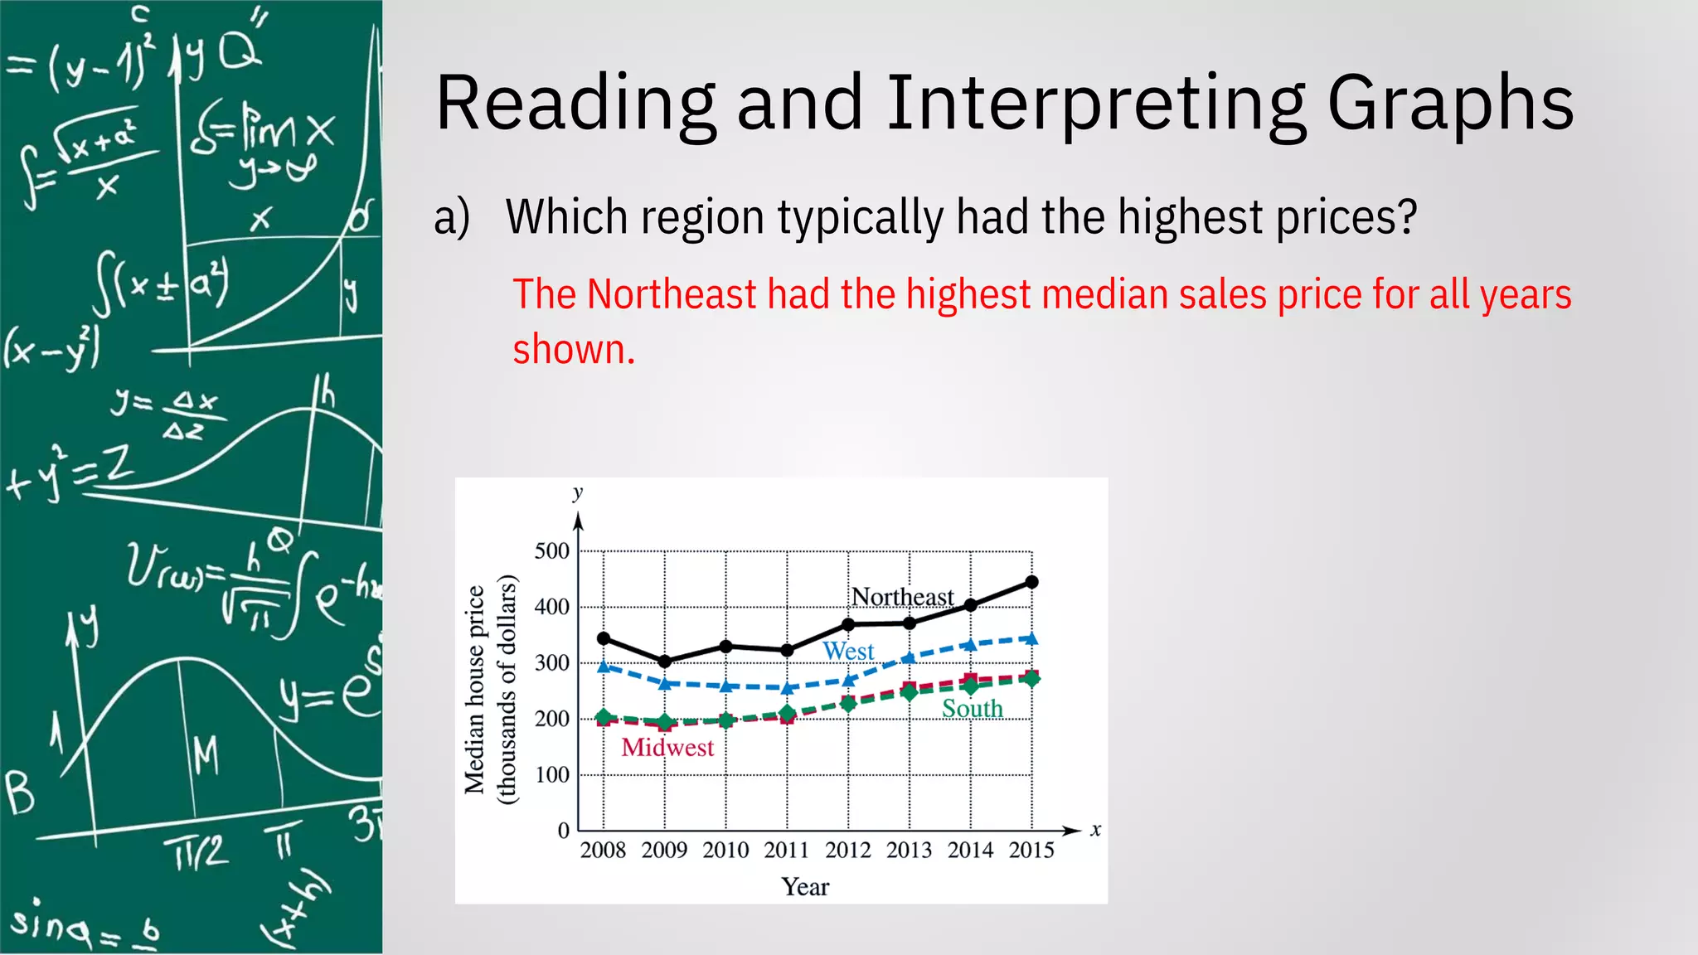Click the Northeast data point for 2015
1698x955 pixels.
(x=1032, y=582)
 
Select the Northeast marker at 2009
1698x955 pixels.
(x=665, y=661)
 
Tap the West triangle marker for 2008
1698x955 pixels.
(x=604, y=666)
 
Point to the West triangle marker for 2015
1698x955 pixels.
(x=1032, y=638)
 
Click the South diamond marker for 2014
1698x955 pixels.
(x=971, y=686)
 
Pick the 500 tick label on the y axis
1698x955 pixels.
(x=552, y=551)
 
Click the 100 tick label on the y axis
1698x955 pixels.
(x=552, y=775)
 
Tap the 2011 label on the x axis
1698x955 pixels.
(x=786, y=851)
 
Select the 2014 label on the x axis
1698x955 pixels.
(x=970, y=851)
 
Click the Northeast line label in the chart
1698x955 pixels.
(x=903, y=597)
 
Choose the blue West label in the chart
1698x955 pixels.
(x=848, y=652)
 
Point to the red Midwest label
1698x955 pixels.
(x=667, y=748)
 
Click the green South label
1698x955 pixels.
(x=973, y=709)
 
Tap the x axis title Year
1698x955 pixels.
(x=805, y=887)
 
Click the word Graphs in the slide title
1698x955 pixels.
(x=1450, y=104)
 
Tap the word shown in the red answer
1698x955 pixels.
(x=573, y=350)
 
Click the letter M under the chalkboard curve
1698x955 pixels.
(x=206, y=756)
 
